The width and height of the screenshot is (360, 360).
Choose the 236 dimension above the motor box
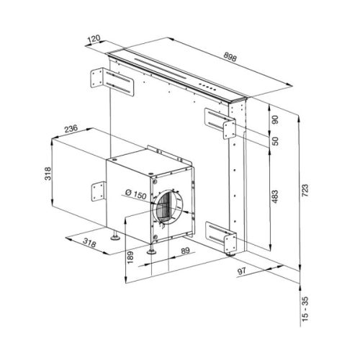(70, 129)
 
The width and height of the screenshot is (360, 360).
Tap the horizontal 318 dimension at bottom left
(90, 242)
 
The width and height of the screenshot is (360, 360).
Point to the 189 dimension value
(130, 256)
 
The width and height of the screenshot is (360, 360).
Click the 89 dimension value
(186, 251)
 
